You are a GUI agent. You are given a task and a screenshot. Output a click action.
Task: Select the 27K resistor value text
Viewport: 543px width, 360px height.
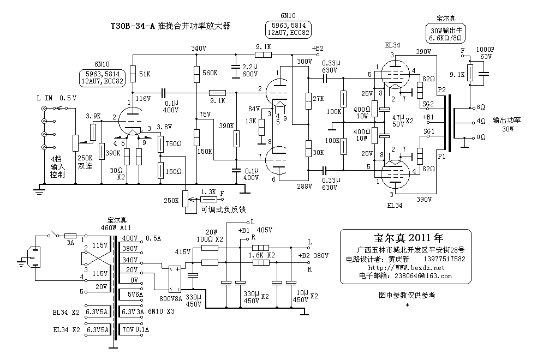319,98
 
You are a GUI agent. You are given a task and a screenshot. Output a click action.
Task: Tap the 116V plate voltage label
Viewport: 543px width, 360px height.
143,99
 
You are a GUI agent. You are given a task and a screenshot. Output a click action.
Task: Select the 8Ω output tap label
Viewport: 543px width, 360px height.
481,107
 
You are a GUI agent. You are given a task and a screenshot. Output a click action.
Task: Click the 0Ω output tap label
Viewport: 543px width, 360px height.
481,137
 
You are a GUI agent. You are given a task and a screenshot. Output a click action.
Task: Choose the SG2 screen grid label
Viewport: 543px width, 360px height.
428,104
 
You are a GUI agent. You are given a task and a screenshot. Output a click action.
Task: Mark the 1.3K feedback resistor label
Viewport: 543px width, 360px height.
208,191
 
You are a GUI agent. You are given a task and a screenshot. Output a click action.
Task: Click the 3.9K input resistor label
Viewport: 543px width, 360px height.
93,116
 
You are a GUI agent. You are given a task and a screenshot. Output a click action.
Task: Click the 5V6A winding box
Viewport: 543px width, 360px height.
131,294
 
